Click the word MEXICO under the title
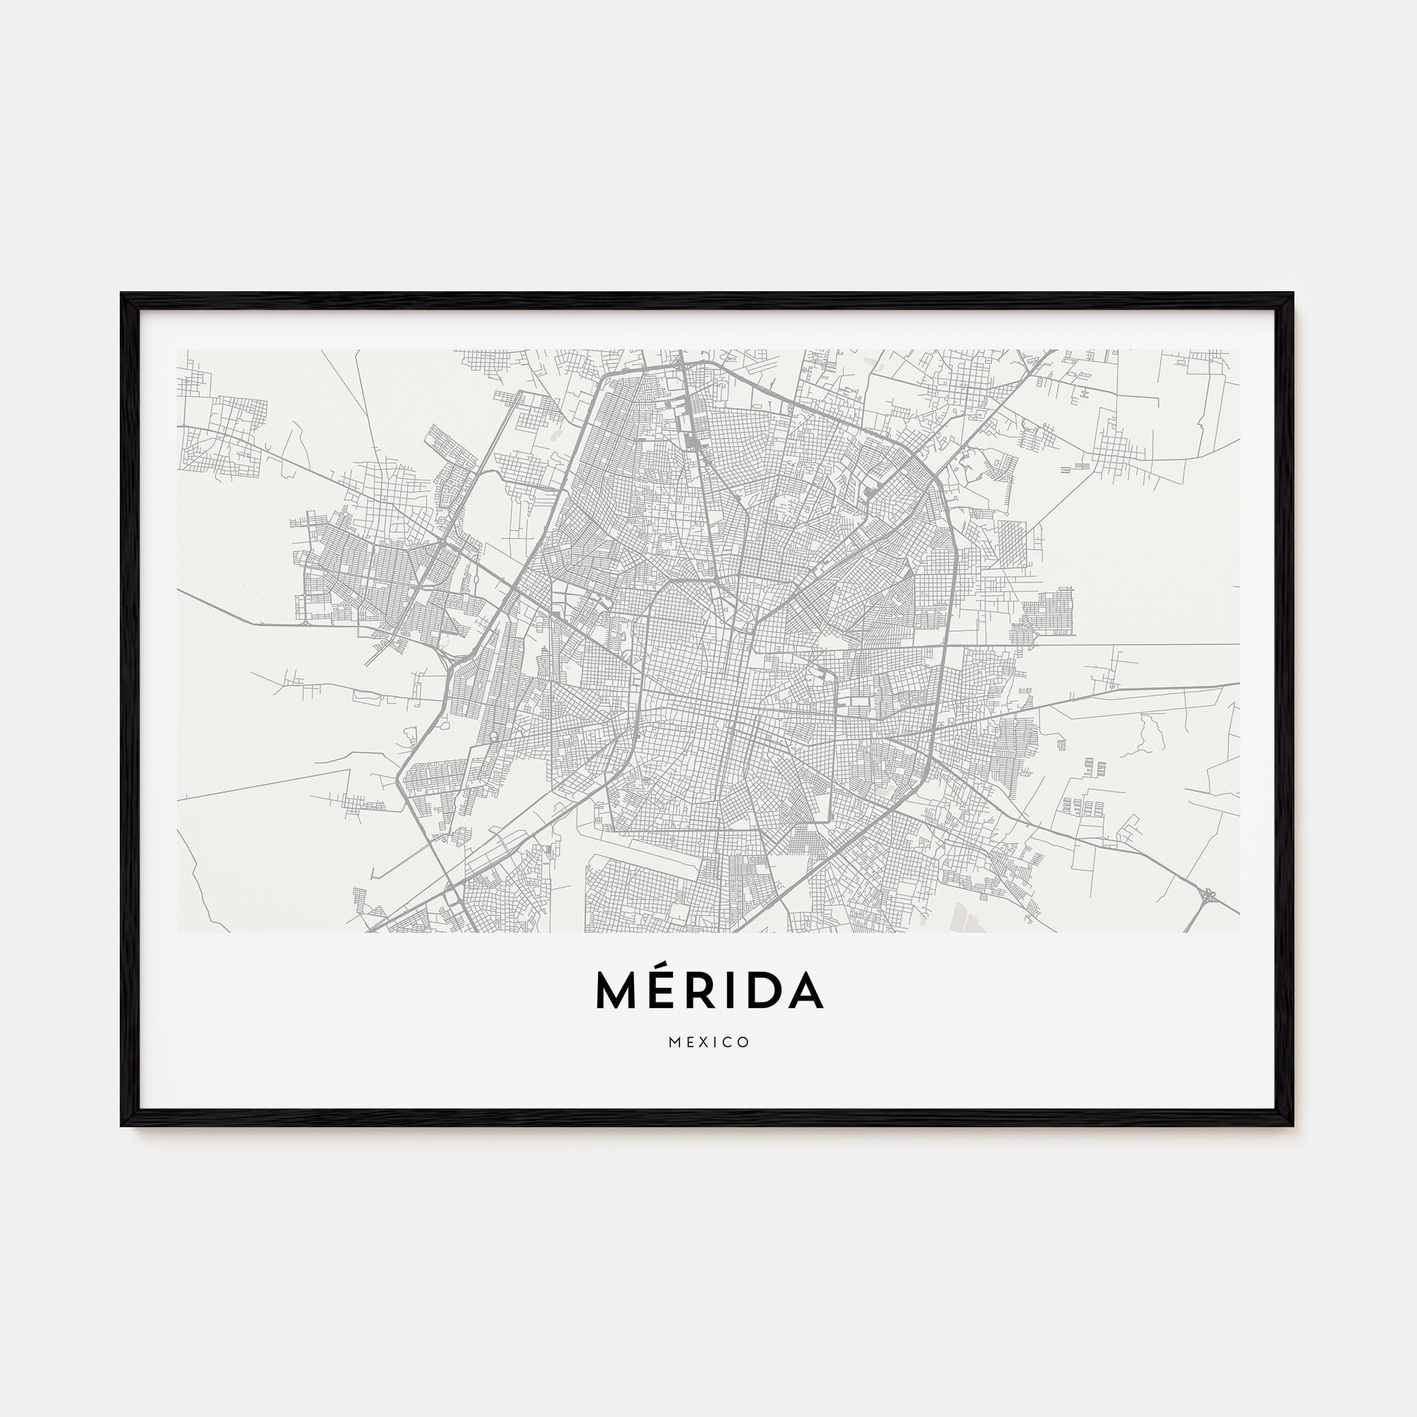(x=708, y=1042)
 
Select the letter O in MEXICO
(x=744, y=1042)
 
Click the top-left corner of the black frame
(x=123, y=295)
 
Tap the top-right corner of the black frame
(x=1292, y=295)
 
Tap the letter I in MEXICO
(x=715, y=1042)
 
